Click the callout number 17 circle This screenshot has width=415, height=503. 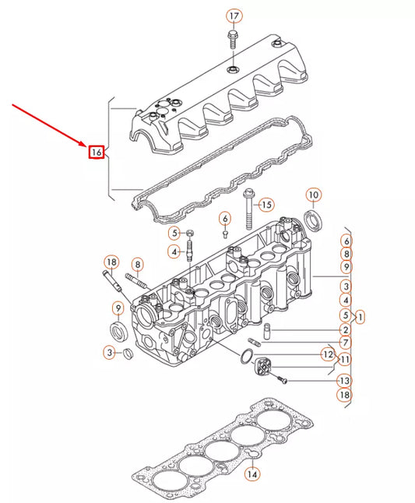click(x=234, y=16)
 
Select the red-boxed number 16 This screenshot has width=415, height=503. click(x=96, y=152)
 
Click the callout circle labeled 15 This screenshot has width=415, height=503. click(x=266, y=205)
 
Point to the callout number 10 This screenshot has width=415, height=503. click(x=312, y=195)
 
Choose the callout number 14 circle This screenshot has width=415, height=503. click(x=251, y=473)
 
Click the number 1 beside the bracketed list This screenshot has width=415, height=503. click(x=360, y=317)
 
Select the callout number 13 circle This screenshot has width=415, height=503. click(x=344, y=382)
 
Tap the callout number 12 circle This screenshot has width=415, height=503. click(x=328, y=355)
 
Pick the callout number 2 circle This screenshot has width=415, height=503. click(x=344, y=330)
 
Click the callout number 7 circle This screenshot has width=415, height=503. click(x=344, y=343)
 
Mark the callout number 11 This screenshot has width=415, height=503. click(x=344, y=361)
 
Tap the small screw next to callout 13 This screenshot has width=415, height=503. click(x=284, y=379)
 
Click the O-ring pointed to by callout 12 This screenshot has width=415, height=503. click(x=245, y=357)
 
